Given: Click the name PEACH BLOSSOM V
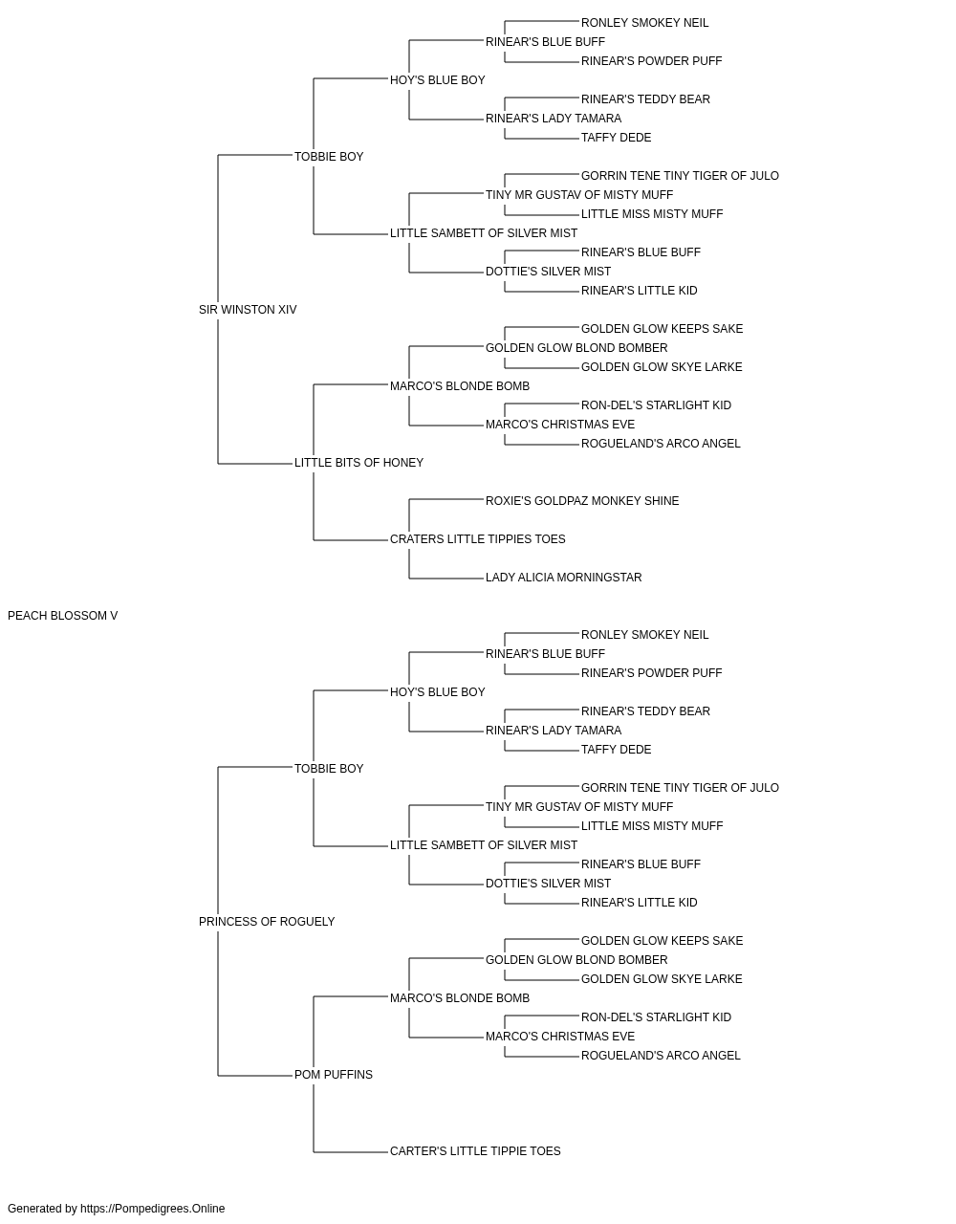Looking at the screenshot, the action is [62, 616].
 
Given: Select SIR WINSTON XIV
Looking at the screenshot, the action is [248, 310].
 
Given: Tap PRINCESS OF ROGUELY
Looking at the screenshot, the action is [267, 922].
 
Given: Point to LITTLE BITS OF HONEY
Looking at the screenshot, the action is [358, 463].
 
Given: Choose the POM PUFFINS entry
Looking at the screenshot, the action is [334, 1075].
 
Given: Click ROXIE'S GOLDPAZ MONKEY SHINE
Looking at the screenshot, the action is [582, 501].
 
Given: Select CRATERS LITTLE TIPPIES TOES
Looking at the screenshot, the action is [477, 539].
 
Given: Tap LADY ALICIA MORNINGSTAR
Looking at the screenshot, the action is [564, 578].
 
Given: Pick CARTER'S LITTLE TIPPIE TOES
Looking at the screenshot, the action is [475, 1151].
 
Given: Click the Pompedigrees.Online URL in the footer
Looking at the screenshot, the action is [153, 1209].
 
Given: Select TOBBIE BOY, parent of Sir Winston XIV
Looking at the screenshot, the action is [329, 157].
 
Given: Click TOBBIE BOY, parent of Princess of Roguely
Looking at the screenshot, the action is [329, 769].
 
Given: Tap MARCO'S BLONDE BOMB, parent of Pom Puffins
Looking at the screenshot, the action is [460, 998].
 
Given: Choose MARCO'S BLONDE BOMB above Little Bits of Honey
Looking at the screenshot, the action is [460, 386].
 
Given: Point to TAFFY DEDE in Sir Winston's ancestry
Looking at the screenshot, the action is [616, 138].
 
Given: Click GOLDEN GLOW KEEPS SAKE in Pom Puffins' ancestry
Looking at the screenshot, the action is [663, 941].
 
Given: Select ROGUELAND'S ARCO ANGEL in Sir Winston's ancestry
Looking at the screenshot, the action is [661, 444].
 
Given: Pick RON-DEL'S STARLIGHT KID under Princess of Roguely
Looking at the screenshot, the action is [656, 1017].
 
